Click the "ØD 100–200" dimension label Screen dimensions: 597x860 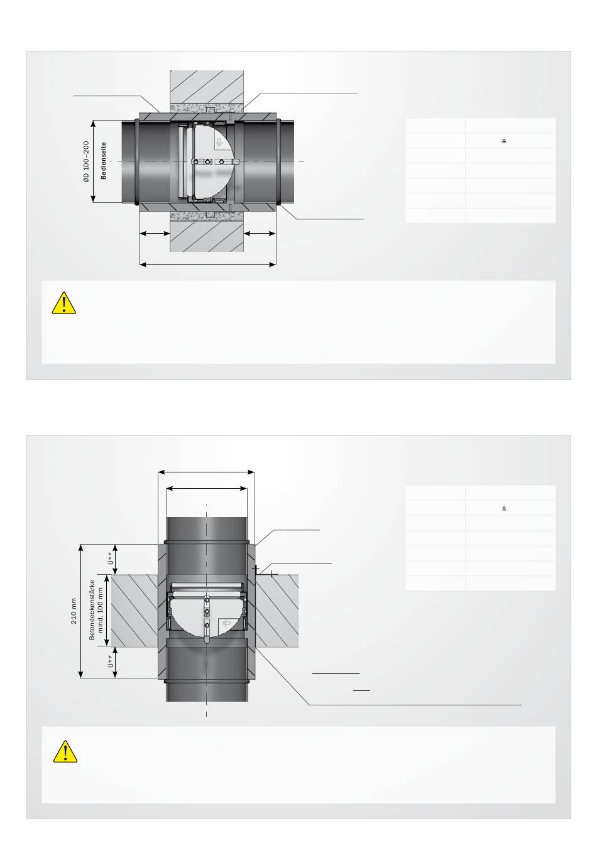point(86,161)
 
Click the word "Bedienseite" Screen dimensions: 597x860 point(103,160)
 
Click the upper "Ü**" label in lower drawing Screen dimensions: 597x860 point(110,558)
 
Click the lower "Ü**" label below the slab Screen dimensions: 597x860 point(111,661)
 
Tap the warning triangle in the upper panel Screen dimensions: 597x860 point(63,303)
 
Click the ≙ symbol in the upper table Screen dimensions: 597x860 point(504,141)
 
